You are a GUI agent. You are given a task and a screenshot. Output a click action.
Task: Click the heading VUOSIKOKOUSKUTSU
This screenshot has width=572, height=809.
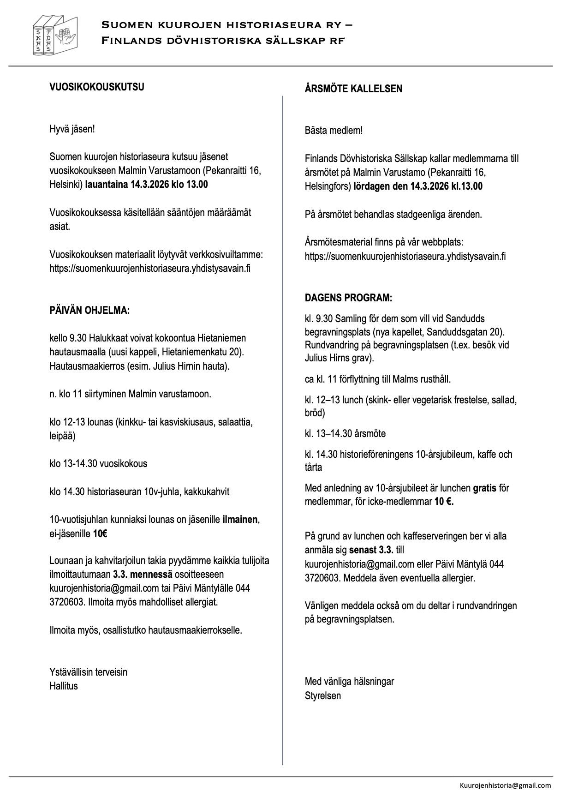pos(96,87)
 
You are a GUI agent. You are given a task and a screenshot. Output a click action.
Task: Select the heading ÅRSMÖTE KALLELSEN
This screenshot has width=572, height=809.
pos(353,89)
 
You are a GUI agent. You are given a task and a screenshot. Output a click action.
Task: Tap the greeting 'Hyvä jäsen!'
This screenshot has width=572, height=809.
pos(72,129)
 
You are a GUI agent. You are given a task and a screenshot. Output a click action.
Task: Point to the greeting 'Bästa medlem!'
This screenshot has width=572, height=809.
pos(333,130)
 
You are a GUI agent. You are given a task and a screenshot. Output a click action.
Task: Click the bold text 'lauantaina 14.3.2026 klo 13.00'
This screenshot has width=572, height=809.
pos(146,185)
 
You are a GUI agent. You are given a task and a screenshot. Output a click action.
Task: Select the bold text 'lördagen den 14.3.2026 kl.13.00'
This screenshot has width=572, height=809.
pos(418,186)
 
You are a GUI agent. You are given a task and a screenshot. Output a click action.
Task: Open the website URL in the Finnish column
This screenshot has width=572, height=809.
pos(150,268)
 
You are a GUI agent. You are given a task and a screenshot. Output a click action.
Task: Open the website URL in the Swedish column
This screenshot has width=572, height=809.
pos(405,256)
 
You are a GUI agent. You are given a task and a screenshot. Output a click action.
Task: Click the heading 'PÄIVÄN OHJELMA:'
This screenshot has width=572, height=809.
pos(89,311)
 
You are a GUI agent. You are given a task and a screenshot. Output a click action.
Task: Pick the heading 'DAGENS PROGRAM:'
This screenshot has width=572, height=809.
pos(348,298)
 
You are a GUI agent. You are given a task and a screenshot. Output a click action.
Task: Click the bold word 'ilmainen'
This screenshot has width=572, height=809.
pos(240,520)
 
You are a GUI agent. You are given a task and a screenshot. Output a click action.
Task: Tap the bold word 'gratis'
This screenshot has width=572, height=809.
pos(484,488)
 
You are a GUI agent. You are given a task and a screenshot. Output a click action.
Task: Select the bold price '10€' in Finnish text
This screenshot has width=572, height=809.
pos(100,534)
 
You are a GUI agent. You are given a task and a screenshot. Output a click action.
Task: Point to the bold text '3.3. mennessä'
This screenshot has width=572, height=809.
pos(143,575)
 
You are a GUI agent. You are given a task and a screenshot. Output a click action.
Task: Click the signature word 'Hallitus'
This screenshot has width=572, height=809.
pos(64,686)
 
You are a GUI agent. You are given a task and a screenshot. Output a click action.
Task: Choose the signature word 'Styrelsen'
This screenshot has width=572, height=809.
pos(322,695)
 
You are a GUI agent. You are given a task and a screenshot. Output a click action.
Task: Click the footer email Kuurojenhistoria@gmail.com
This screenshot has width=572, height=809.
pos(505,785)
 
